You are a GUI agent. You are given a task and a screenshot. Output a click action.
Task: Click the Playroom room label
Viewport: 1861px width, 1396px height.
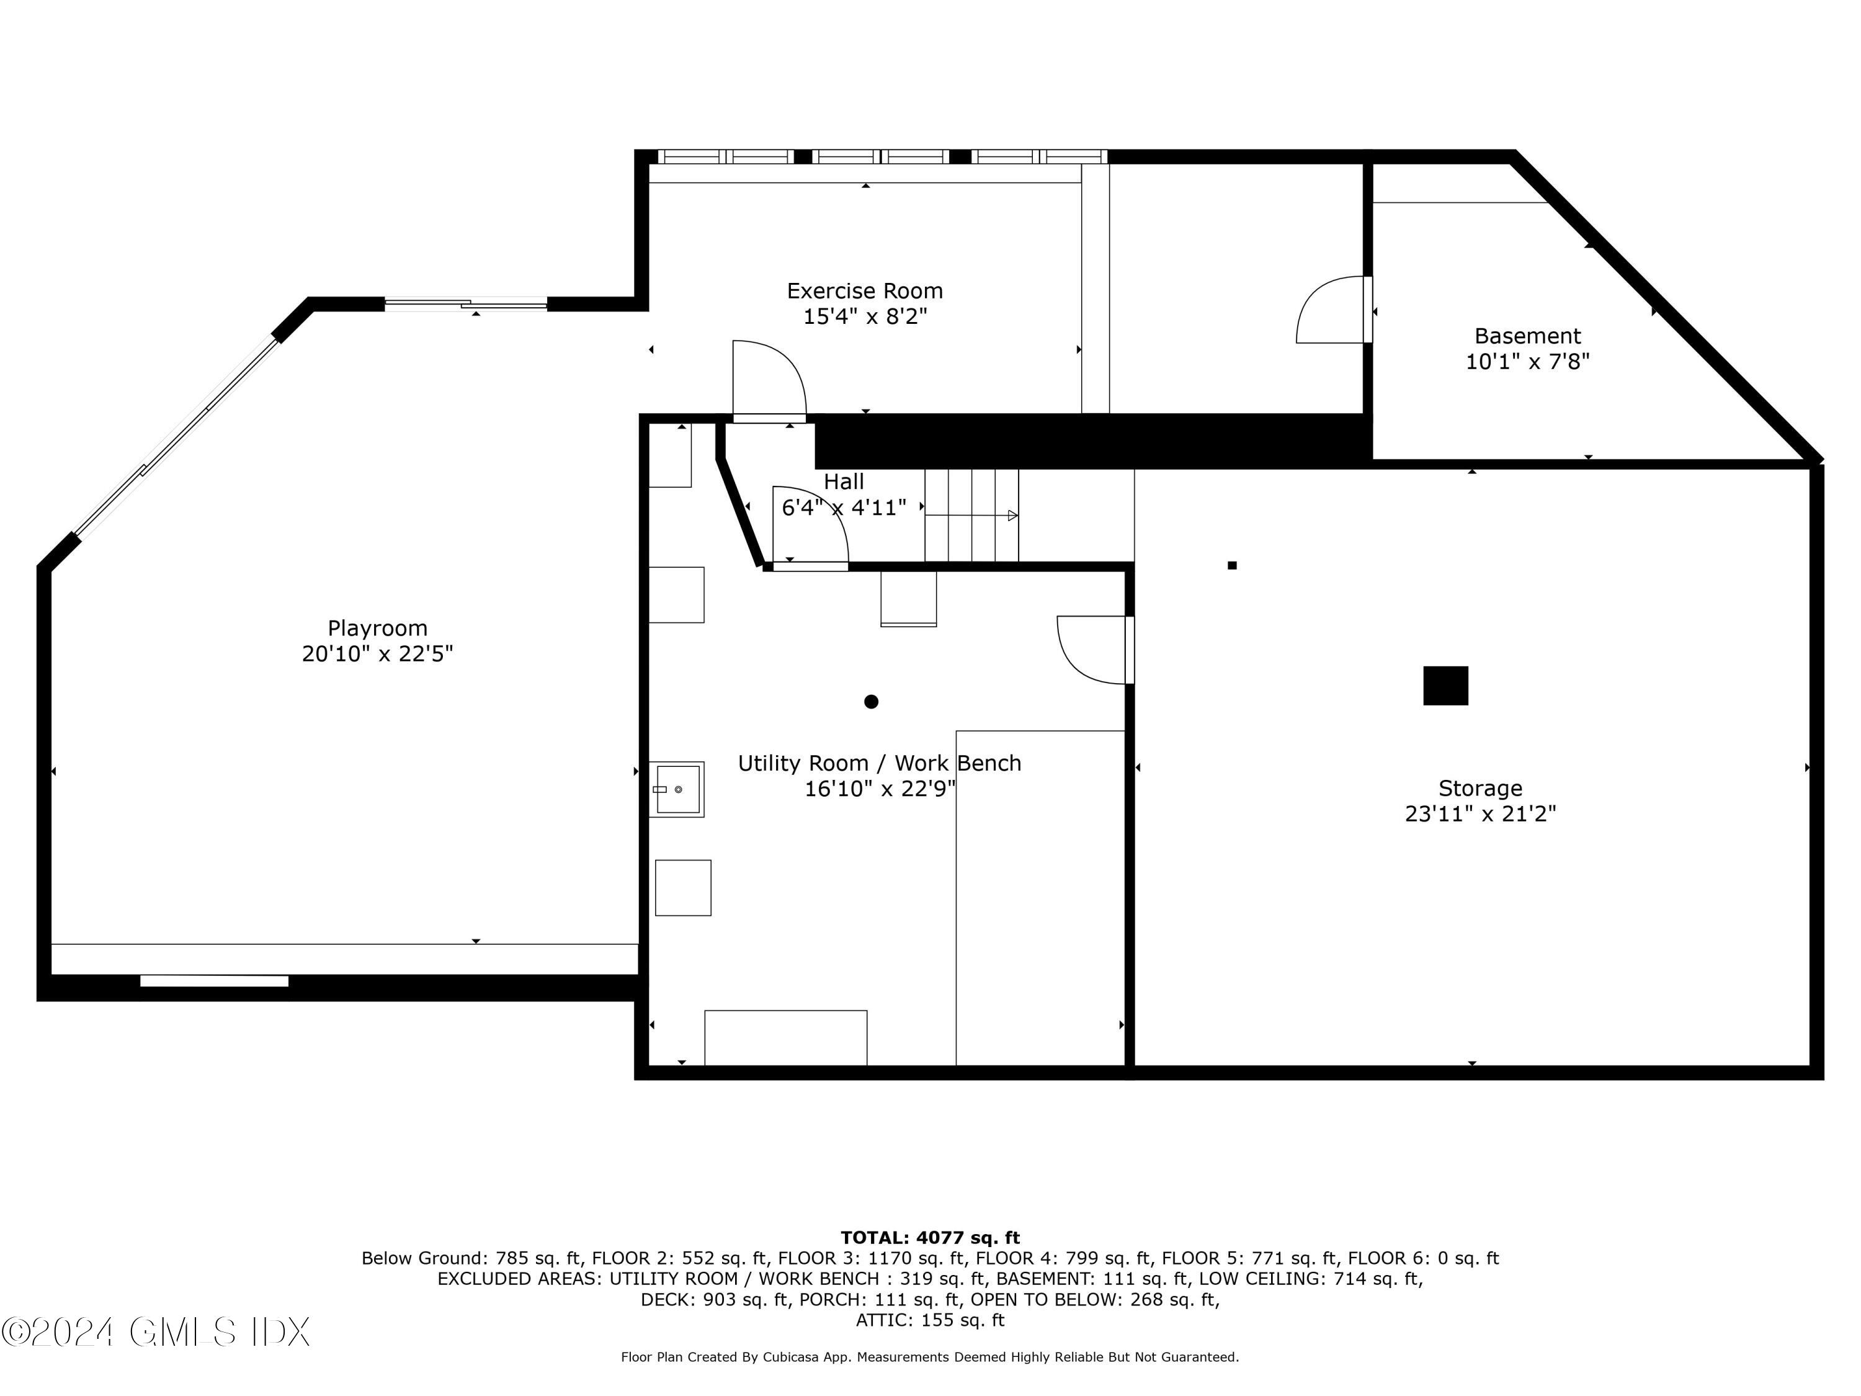click(377, 628)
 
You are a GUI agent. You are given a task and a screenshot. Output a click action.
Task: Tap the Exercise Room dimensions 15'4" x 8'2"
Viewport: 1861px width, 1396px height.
click(865, 317)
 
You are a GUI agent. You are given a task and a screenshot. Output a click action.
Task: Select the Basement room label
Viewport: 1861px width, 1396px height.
click(1527, 336)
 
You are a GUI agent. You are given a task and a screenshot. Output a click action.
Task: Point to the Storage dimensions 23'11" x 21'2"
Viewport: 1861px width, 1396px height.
click(1480, 813)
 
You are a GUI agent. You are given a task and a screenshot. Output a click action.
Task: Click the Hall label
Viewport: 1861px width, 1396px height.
click(843, 481)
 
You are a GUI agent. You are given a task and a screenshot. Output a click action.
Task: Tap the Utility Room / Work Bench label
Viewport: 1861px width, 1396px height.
click(879, 763)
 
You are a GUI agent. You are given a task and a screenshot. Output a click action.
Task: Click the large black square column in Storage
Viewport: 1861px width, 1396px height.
click(1445, 686)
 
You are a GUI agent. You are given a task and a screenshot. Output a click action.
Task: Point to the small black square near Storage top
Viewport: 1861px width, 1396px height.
click(1232, 565)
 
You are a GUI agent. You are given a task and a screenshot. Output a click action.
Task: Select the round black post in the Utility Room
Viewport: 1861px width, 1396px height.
click(871, 702)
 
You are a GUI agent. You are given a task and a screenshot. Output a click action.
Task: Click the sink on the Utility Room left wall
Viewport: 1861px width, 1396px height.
click(677, 789)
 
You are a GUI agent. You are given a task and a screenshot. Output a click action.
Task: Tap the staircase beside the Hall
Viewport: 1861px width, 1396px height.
click(971, 515)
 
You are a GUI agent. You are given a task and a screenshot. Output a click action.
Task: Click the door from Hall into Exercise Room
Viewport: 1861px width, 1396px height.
click(769, 380)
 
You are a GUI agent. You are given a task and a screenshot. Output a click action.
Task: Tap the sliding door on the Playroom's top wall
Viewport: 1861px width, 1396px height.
click(466, 305)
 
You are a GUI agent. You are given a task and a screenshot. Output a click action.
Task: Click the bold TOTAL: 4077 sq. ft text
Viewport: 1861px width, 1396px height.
click(930, 1238)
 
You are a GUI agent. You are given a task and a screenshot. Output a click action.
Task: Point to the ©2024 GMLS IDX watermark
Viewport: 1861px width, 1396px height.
click(156, 1332)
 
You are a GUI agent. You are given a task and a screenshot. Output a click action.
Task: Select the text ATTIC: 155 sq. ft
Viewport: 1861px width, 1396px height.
click(930, 1320)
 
